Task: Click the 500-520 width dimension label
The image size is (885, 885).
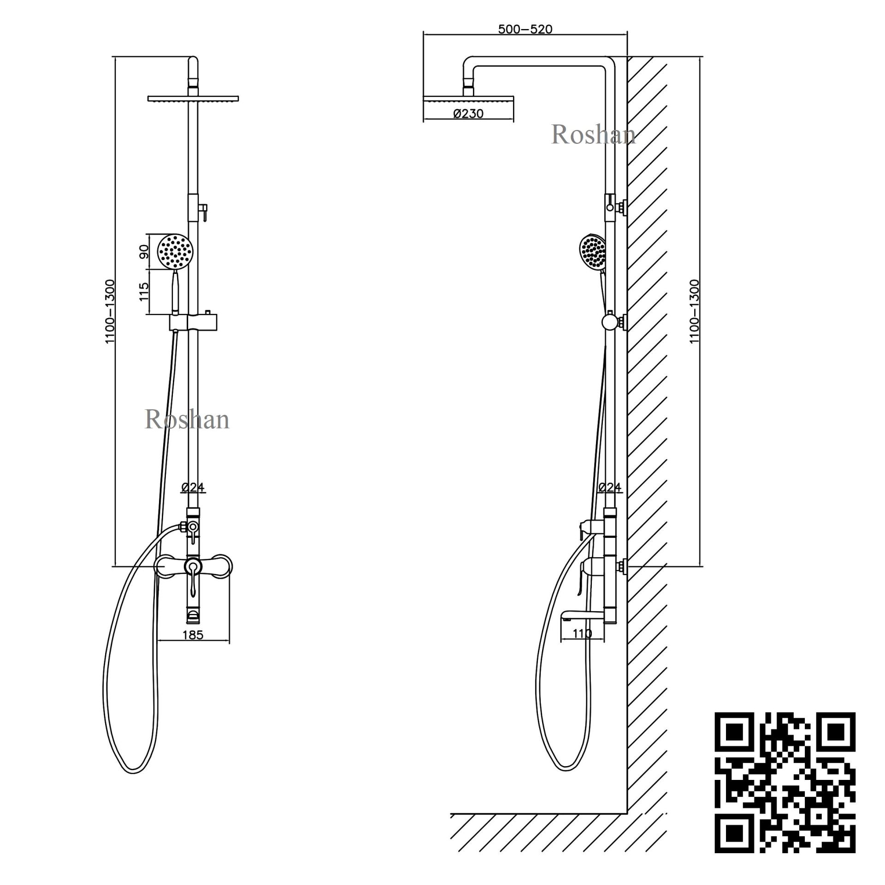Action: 525,29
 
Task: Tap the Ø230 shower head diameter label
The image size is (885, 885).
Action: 468,113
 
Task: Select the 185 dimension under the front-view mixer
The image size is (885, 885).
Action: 193,635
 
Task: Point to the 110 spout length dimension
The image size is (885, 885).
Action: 582,634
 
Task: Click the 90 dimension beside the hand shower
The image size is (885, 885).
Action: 144,251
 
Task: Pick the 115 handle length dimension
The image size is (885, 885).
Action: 144,291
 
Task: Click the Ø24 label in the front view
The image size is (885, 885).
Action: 193,487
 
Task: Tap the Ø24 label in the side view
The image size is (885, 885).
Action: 610,487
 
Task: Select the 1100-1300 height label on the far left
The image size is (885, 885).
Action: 110,311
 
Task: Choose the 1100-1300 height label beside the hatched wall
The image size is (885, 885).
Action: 694,311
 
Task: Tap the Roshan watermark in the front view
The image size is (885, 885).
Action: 187,419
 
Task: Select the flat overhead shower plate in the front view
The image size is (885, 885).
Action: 193,98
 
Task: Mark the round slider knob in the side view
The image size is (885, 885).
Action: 610,321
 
